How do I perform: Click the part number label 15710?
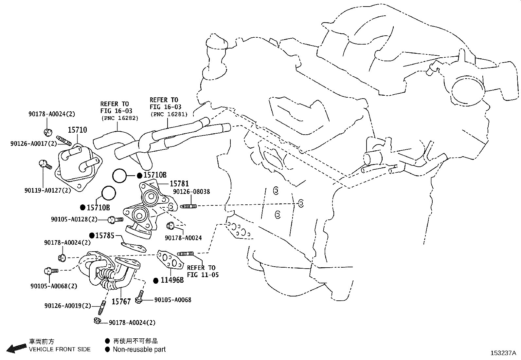77,130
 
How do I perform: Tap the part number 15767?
121,301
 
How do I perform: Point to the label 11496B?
172,280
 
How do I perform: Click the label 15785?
105,236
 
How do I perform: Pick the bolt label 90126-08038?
191,192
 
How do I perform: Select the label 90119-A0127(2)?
47,190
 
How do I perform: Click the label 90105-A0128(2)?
74,219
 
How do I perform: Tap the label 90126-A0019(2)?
68,306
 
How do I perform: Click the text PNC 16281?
169,114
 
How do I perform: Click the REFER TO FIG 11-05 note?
202,271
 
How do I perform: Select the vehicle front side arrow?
16,348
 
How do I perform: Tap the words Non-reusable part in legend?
139,350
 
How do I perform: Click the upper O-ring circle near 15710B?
120,176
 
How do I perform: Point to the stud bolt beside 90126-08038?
188,206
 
